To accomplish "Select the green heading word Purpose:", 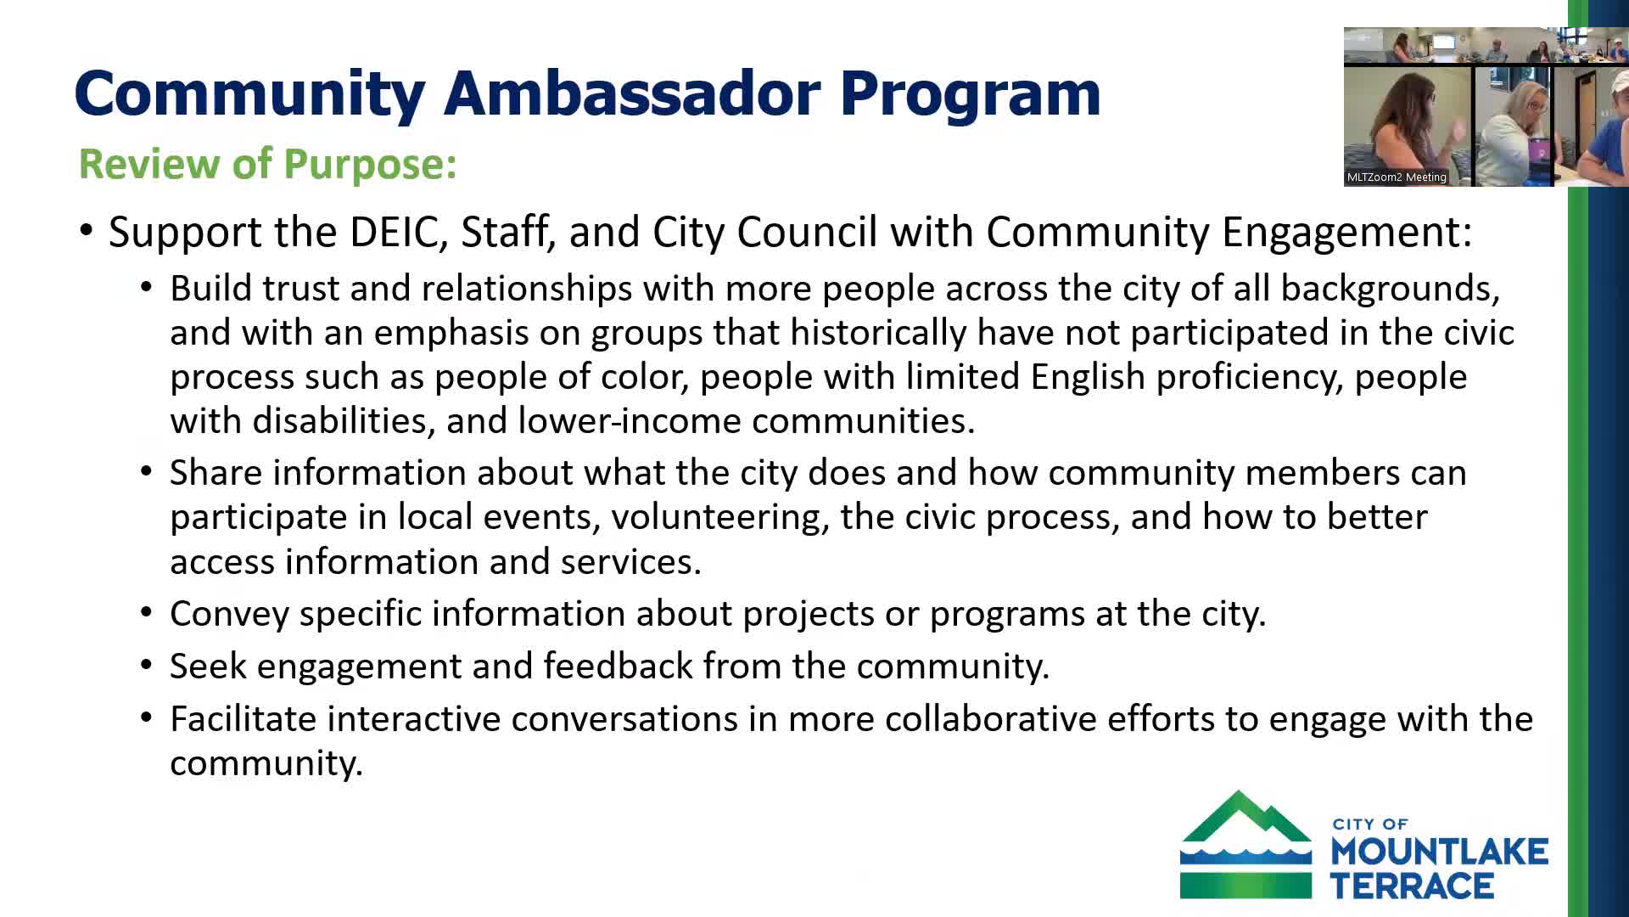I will click(370, 164).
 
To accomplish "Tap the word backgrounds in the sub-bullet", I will click(1389, 290).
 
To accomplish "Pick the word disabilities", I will click(344, 421).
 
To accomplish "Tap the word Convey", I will click(229, 615).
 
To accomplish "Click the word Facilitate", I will click(244, 719).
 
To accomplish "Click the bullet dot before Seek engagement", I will click(147, 666).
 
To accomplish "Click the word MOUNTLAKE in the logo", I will click(1439, 852).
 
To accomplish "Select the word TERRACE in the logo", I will click(1412, 886).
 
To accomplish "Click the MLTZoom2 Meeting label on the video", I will click(1397, 177).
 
